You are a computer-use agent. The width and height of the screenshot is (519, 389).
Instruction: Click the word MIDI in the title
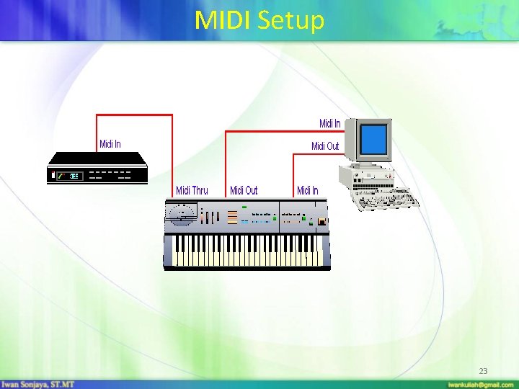pyautogui.click(x=222, y=20)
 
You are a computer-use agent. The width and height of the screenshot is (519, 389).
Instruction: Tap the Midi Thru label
pyautogui.click(x=192, y=190)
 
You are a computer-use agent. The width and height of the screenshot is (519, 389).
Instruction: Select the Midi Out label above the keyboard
pyautogui.click(x=243, y=190)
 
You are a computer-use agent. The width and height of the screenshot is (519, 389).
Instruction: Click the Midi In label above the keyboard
pyautogui.click(x=307, y=190)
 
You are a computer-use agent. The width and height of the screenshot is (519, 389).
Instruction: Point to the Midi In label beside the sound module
pyautogui.click(x=110, y=144)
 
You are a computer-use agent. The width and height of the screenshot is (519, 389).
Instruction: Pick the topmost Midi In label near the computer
pyautogui.click(x=330, y=124)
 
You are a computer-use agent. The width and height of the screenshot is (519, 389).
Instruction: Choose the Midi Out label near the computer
pyautogui.click(x=324, y=146)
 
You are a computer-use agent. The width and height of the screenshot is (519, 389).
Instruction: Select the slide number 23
pyautogui.click(x=483, y=371)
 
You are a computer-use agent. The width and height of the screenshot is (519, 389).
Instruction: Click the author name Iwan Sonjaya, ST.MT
pyautogui.click(x=37, y=384)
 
